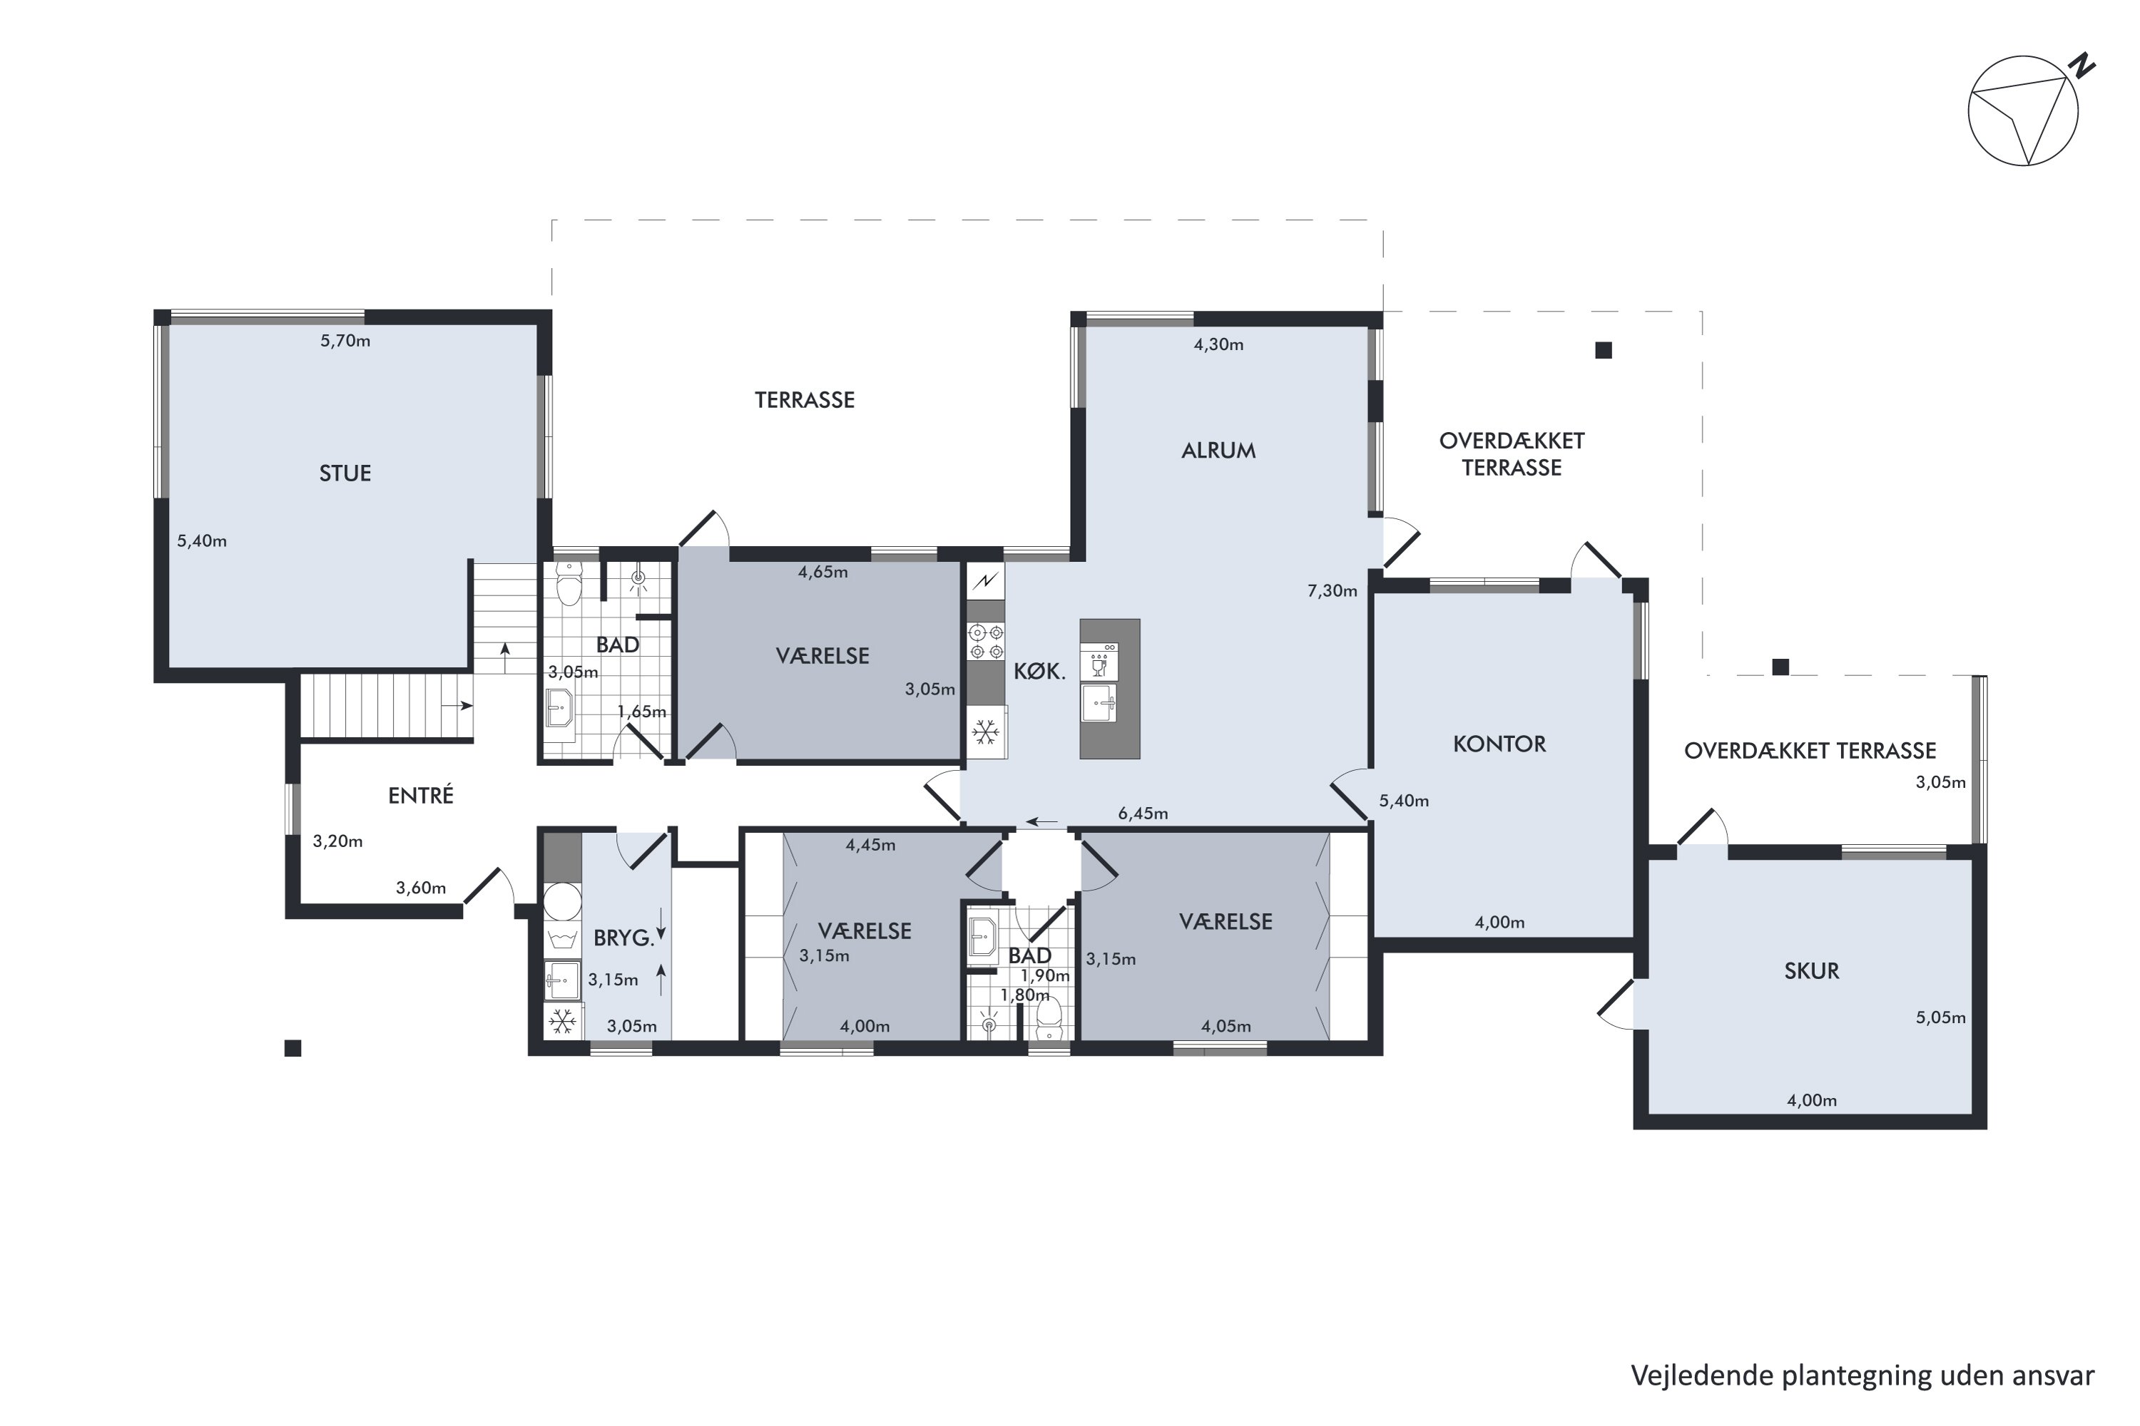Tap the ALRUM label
[1218, 450]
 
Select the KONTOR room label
[1499, 744]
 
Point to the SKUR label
[1812, 971]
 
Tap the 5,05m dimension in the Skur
[1941, 1017]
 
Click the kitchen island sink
[1099, 703]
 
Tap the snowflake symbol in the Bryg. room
[562, 1020]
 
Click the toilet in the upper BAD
[569, 584]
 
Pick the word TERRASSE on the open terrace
[805, 400]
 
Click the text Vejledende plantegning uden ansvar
[1863, 1376]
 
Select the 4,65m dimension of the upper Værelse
[822, 572]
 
